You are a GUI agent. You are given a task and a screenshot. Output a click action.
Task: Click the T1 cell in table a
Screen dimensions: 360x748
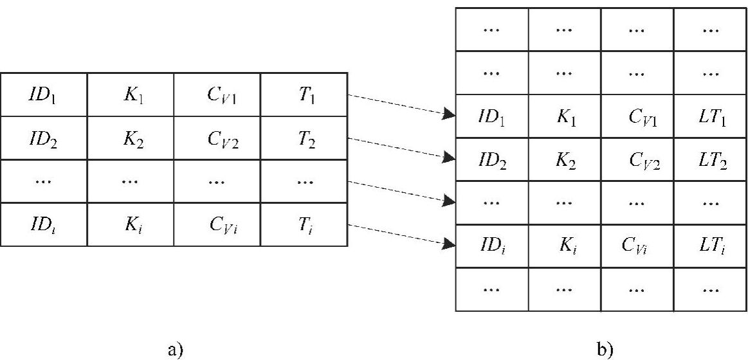pyautogui.click(x=304, y=95)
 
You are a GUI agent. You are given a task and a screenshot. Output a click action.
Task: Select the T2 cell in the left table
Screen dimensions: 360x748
pyautogui.click(x=304, y=138)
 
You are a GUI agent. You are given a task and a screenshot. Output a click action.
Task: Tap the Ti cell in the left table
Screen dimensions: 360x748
pyautogui.click(x=304, y=224)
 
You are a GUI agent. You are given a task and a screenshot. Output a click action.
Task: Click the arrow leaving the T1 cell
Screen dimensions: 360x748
pyautogui.click(x=399, y=106)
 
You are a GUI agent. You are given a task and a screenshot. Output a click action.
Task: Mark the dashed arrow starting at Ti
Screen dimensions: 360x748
pyautogui.click(x=399, y=235)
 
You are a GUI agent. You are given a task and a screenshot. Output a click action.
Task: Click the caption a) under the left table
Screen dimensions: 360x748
pyautogui.click(x=175, y=350)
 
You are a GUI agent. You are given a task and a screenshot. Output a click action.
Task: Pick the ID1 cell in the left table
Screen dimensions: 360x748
pyautogui.click(x=43, y=95)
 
